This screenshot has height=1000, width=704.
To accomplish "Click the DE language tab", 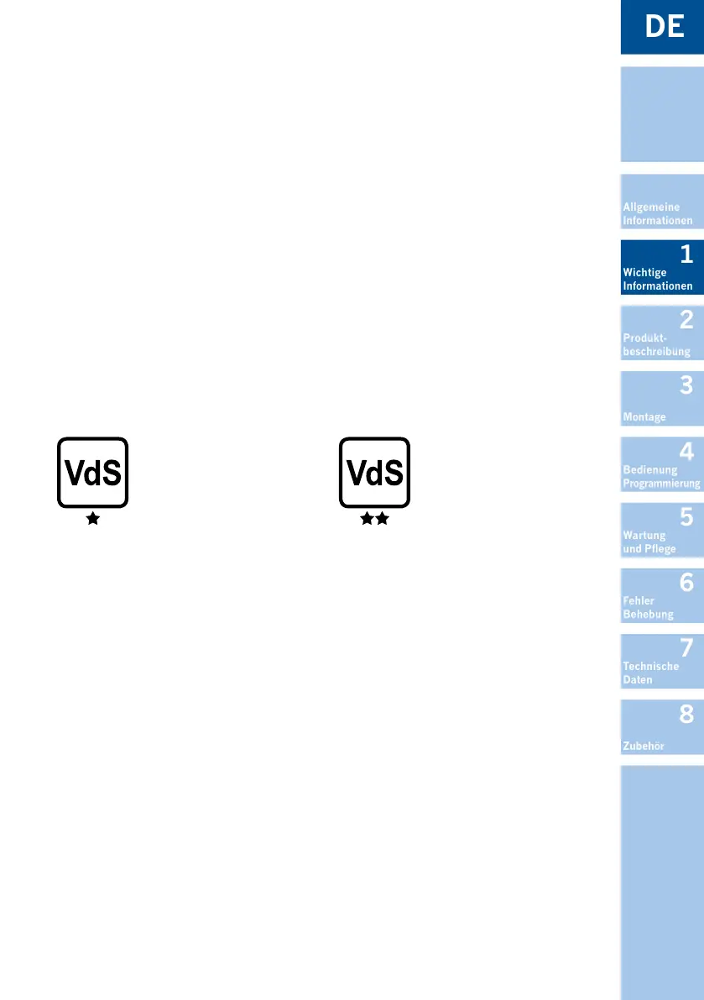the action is coord(664,26).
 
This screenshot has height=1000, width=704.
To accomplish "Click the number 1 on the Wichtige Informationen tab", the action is coord(686,254).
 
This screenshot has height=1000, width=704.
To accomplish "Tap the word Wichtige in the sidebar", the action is coord(644,272).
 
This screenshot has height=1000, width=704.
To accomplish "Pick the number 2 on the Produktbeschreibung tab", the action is coord(686,320).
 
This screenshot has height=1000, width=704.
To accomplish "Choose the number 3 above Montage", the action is coord(686,385).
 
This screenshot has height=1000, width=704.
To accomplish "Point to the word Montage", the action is coord(644,416).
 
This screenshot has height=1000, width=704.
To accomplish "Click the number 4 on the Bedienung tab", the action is coord(686,452).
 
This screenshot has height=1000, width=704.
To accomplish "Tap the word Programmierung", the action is coord(661,484).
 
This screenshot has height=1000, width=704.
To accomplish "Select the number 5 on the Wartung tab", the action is coord(686,517).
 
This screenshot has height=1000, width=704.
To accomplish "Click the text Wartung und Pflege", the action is coord(649,542).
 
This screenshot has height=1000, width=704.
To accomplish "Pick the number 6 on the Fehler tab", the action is coord(686,582).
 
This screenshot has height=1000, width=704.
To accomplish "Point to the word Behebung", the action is coord(648,614).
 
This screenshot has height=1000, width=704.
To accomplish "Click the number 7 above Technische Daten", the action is coord(686,647).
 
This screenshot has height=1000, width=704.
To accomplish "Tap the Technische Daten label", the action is coord(650,673).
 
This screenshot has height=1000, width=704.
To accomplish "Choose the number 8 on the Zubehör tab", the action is coord(686,714).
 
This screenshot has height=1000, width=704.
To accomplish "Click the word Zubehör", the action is coord(644,746).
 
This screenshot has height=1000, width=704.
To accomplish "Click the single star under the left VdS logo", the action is coord(92,520).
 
